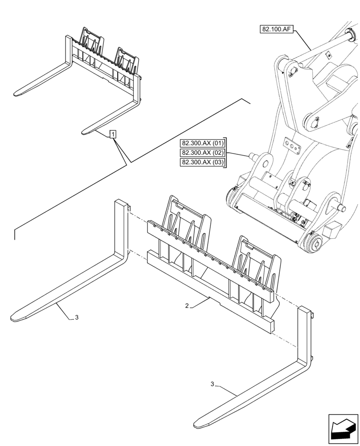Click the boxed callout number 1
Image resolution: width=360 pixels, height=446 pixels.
pyautogui.click(x=113, y=134)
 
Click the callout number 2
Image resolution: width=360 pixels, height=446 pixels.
pyautogui.click(x=188, y=306)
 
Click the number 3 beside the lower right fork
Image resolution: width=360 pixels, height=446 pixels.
pyautogui.click(x=212, y=384)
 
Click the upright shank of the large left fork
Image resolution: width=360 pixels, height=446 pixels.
pyautogui.click(x=121, y=227)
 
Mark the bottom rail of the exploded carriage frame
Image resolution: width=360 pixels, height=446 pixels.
pyautogui.click(x=209, y=290)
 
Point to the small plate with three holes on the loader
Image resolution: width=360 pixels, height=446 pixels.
pyautogui.click(x=292, y=145)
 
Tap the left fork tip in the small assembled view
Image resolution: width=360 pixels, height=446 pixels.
pyautogui.click(x=18, y=94)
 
